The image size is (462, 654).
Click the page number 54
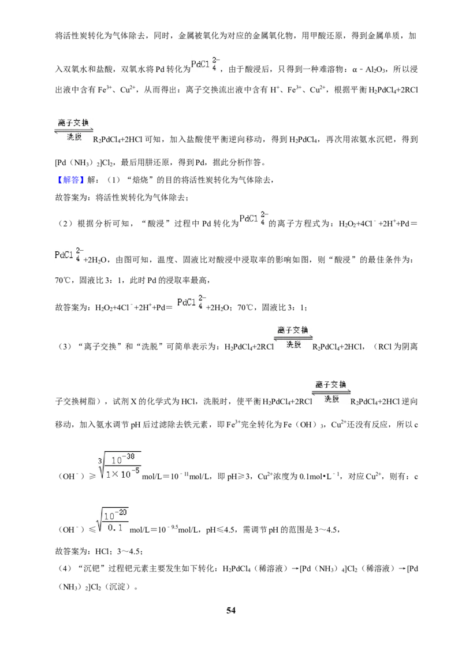[x=231, y=610]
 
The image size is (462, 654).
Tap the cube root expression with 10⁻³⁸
[x=119, y=465]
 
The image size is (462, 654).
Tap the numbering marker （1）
[x=114, y=180]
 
